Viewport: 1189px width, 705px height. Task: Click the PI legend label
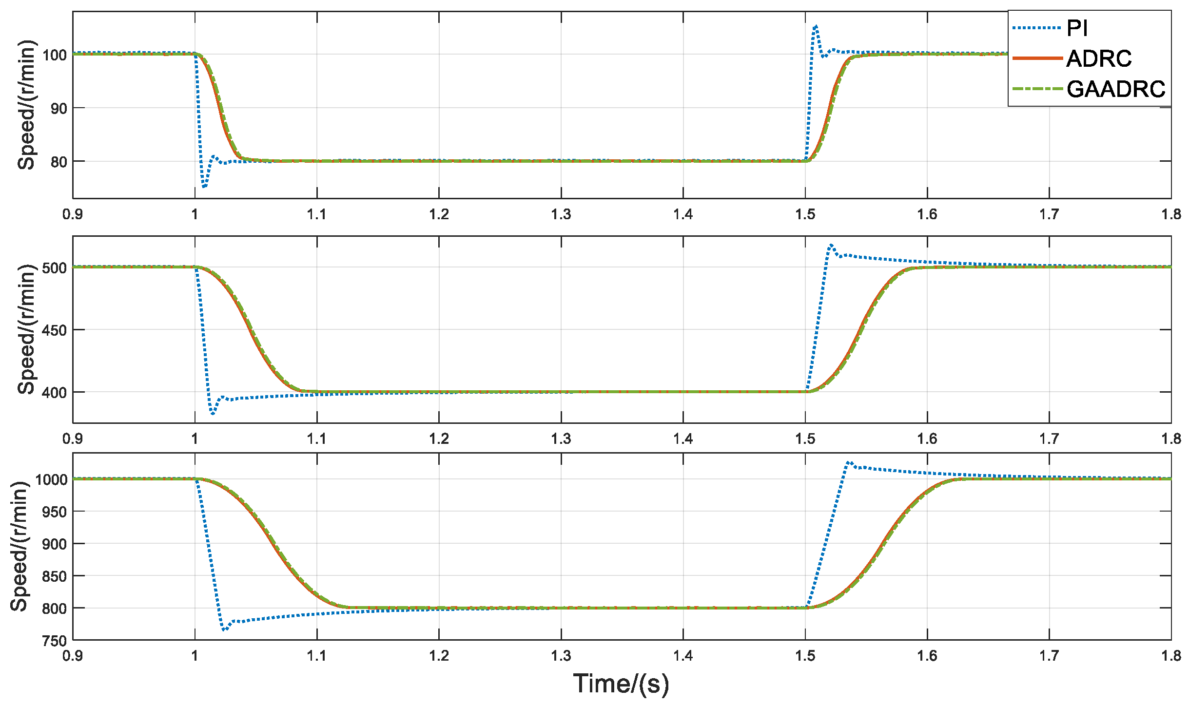tap(1077, 28)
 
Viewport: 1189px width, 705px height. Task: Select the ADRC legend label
tap(1099, 59)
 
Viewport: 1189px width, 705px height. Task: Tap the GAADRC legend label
tap(1116, 89)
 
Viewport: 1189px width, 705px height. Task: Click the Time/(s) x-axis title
tap(621, 683)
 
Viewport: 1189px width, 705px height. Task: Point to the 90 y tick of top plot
tap(58, 108)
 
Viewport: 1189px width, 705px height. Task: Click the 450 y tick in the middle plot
tap(54, 330)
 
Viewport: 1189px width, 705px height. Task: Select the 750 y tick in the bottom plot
tap(54, 641)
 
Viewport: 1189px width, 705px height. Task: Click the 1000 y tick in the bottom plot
tap(51, 479)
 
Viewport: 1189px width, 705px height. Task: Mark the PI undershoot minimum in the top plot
tap(204, 187)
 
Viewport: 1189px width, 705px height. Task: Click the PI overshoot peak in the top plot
tap(816, 26)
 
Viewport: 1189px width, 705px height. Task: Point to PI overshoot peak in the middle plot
tap(831, 245)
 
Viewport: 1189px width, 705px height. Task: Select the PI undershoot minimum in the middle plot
tap(213, 414)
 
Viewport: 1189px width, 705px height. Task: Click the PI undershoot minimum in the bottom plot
tap(224, 630)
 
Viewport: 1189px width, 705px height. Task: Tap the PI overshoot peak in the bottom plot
tap(849, 462)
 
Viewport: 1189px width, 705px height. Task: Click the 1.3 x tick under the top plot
tap(561, 214)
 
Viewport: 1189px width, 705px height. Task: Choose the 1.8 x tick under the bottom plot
tap(1171, 656)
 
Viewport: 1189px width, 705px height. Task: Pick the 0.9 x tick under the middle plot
tap(73, 439)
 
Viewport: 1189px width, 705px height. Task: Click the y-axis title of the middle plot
tap(26, 329)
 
